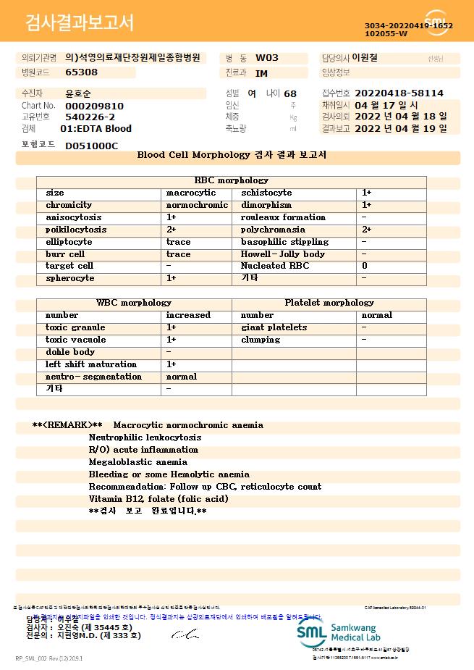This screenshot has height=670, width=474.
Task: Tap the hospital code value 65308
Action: (x=81, y=72)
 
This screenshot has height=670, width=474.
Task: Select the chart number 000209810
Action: (x=94, y=106)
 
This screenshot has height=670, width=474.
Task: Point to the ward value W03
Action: (x=267, y=58)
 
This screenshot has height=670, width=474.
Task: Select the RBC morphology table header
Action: (x=232, y=180)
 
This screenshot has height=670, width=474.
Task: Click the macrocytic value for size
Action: (x=191, y=193)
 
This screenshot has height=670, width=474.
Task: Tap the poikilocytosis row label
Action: (x=76, y=230)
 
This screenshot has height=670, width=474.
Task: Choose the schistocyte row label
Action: (x=266, y=193)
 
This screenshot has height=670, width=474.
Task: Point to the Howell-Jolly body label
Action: (x=283, y=254)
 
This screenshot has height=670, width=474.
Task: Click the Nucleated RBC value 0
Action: (x=365, y=267)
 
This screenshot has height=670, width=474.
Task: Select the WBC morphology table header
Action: (x=134, y=303)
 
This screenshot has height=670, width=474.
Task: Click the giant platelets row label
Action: (x=274, y=327)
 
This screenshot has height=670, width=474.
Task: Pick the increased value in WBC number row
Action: (x=188, y=315)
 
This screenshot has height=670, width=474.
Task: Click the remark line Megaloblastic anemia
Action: (x=137, y=462)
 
